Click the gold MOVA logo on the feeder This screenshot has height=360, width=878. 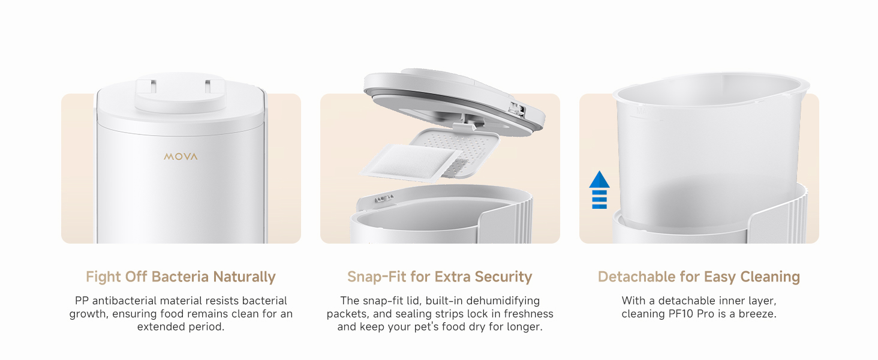click(x=181, y=157)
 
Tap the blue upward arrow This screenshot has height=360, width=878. click(x=599, y=190)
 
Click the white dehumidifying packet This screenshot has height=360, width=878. click(x=411, y=163)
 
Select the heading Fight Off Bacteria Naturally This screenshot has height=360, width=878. click(x=181, y=277)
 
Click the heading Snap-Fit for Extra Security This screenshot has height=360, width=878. click(x=440, y=277)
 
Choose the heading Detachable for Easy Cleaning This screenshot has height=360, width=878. click(x=699, y=277)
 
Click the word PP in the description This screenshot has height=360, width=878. click(x=82, y=301)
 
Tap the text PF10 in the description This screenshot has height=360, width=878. click(x=681, y=314)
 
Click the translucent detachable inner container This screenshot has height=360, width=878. click(x=709, y=149)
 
